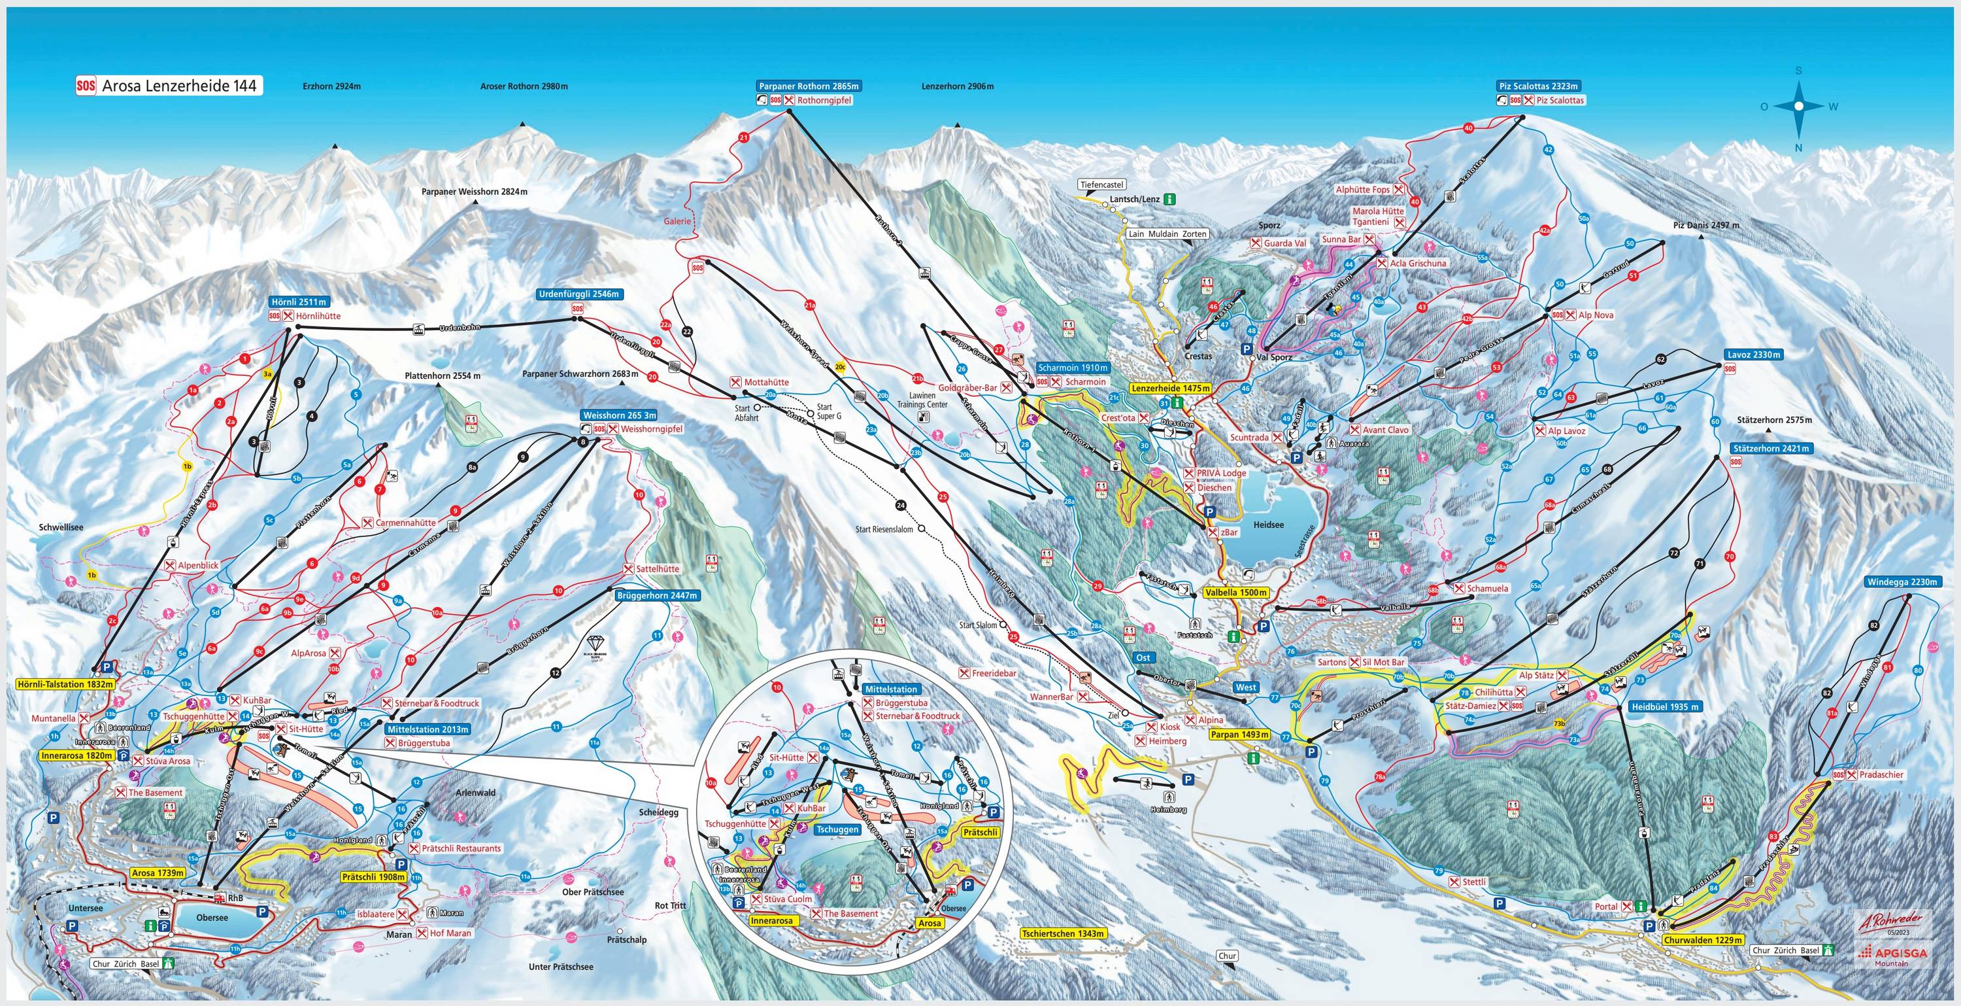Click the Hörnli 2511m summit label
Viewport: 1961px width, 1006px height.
point(299,302)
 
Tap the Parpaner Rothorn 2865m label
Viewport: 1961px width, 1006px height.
point(809,86)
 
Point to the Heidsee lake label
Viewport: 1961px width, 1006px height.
point(1268,525)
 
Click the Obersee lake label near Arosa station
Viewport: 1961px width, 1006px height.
point(212,918)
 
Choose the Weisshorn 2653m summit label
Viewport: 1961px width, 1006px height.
point(618,415)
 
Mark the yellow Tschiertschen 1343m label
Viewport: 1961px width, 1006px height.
point(1063,933)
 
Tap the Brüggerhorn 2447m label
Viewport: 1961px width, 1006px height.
point(656,595)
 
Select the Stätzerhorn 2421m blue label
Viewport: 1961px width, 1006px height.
point(1771,448)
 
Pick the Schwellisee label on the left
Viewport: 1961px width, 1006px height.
point(61,527)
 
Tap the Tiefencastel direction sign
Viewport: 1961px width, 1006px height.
point(1101,184)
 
